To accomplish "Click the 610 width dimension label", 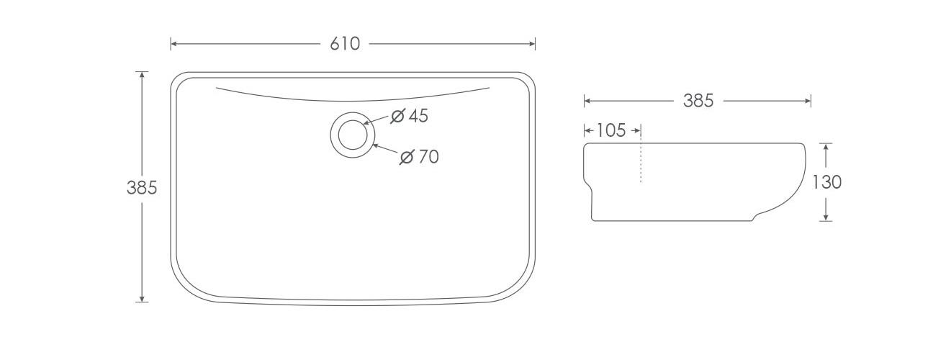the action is click(x=345, y=44).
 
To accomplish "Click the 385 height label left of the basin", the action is click(x=142, y=187).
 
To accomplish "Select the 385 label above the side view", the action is click(x=698, y=101).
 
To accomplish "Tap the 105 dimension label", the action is click(x=611, y=130).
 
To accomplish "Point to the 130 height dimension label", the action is click(x=826, y=182).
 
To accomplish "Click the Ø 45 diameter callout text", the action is click(x=410, y=116).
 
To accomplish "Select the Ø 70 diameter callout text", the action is click(x=420, y=157).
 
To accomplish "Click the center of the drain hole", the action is click(x=353, y=135).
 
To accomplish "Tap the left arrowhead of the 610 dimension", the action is click(x=174, y=44).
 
